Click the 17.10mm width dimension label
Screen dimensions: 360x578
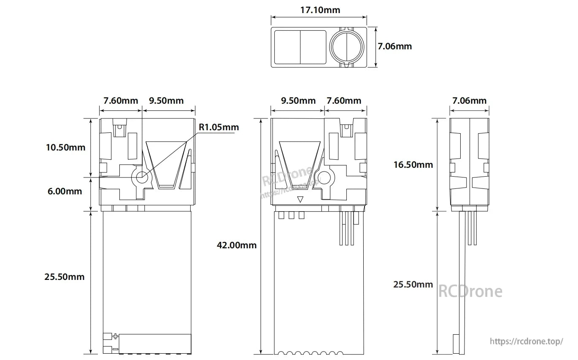[x=320, y=10]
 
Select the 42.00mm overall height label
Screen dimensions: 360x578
[x=236, y=245]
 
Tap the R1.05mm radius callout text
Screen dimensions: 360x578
[x=219, y=127]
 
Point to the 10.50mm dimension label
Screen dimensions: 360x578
[x=65, y=147]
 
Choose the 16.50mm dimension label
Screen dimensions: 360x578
[x=413, y=164]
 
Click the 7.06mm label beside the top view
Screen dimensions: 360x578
[x=394, y=46]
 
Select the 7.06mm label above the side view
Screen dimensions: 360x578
[x=469, y=101]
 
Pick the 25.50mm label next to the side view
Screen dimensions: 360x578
[x=413, y=284]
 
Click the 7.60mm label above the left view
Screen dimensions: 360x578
[x=121, y=101]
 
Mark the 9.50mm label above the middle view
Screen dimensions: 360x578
[x=298, y=101]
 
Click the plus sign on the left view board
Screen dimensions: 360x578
[x=115, y=336]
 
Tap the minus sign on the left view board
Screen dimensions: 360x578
[x=115, y=349]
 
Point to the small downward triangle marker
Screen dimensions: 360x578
[x=300, y=199]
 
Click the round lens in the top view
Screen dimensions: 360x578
[x=347, y=46]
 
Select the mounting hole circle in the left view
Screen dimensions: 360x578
[x=141, y=177]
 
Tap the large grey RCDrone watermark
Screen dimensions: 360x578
[x=470, y=291]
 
